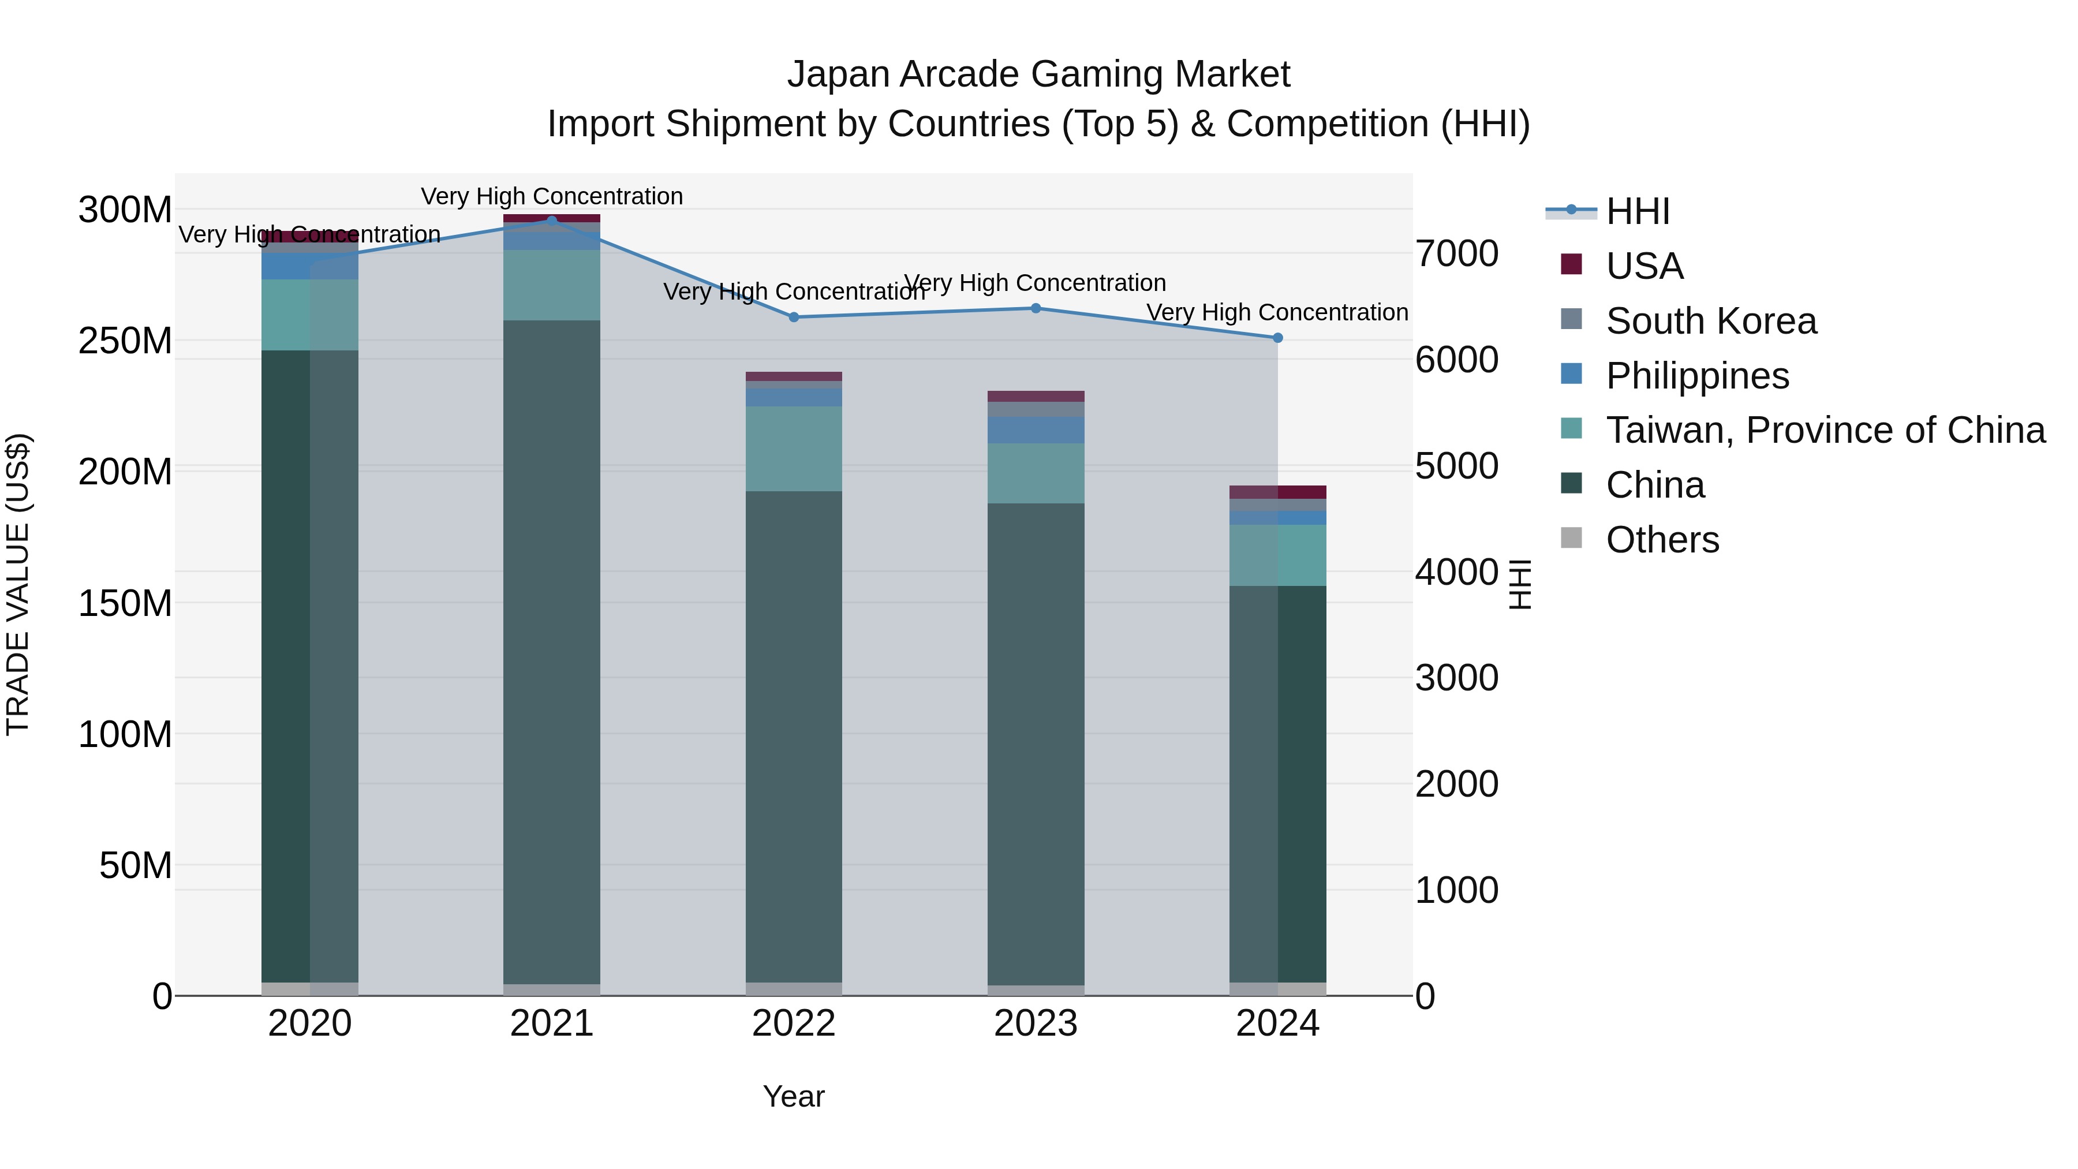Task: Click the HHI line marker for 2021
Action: tap(552, 221)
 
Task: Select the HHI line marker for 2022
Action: tap(794, 317)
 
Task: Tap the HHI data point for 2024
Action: tap(1278, 338)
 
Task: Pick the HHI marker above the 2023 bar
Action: tap(1036, 308)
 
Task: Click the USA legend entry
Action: tap(1644, 266)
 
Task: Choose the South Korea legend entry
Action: tap(1710, 321)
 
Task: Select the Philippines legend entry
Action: tap(1696, 376)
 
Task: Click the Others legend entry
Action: tap(1662, 540)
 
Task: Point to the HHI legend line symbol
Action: tap(1571, 211)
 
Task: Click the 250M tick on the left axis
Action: tap(125, 341)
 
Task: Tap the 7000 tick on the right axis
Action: tap(1457, 253)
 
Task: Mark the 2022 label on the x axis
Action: tap(794, 1024)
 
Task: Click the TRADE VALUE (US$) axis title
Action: tap(18, 584)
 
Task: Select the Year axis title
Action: tap(794, 1096)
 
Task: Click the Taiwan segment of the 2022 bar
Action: tap(794, 449)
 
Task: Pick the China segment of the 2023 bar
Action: tap(1036, 742)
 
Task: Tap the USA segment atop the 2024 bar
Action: tap(1278, 492)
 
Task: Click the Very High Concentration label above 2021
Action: tap(552, 196)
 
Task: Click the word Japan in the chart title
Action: tap(839, 74)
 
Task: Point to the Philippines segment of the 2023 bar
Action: tap(1036, 430)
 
